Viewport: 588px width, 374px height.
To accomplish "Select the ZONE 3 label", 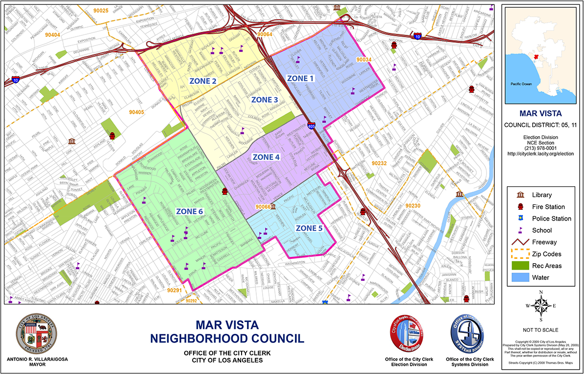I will click(x=265, y=100).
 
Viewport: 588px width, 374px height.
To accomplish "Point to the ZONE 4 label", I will click(x=266, y=157).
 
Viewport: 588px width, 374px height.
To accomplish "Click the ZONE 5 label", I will click(x=310, y=228).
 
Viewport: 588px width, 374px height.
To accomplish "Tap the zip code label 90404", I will click(x=52, y=35).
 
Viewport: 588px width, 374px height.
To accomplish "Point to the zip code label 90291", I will click(x=174, y=290).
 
